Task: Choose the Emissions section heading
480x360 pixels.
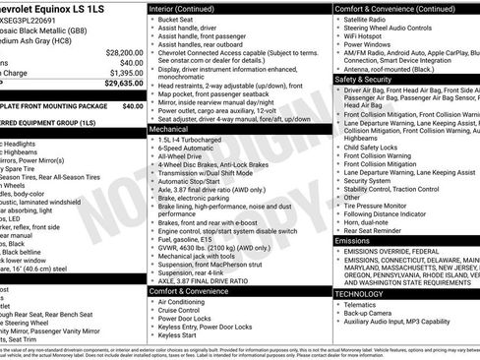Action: pos(353,240)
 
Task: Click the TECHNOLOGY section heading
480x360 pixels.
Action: pos(360,293)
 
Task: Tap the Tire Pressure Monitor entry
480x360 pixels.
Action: pos(380,205)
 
